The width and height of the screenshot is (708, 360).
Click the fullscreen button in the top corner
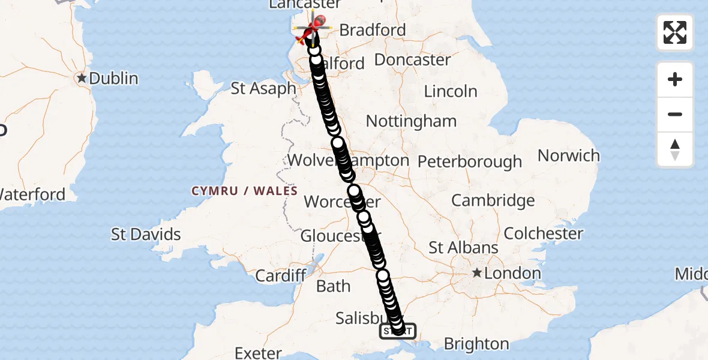tap(675, 32)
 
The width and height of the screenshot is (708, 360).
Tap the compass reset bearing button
tap(675, 149)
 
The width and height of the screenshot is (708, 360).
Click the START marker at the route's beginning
tap(398, 331)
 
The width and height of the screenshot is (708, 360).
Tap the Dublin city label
tap(114, 79)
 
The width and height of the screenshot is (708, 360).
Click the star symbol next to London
tap(477, 274)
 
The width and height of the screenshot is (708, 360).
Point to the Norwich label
tap(568, 156)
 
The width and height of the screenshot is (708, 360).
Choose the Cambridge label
tap(493, 200)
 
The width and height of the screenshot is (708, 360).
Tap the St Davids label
tap(146, 234)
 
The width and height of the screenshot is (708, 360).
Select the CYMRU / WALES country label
tap(244, 191)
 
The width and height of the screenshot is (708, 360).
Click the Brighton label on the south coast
tap(476, 344)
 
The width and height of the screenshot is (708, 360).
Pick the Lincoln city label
tap(451, 92)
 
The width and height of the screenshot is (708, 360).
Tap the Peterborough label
tap(470, 162)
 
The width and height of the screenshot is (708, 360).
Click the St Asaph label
tap(263, 89)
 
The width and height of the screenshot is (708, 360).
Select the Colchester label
tap(544, 233)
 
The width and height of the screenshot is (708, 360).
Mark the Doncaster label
tap(413, 60)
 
